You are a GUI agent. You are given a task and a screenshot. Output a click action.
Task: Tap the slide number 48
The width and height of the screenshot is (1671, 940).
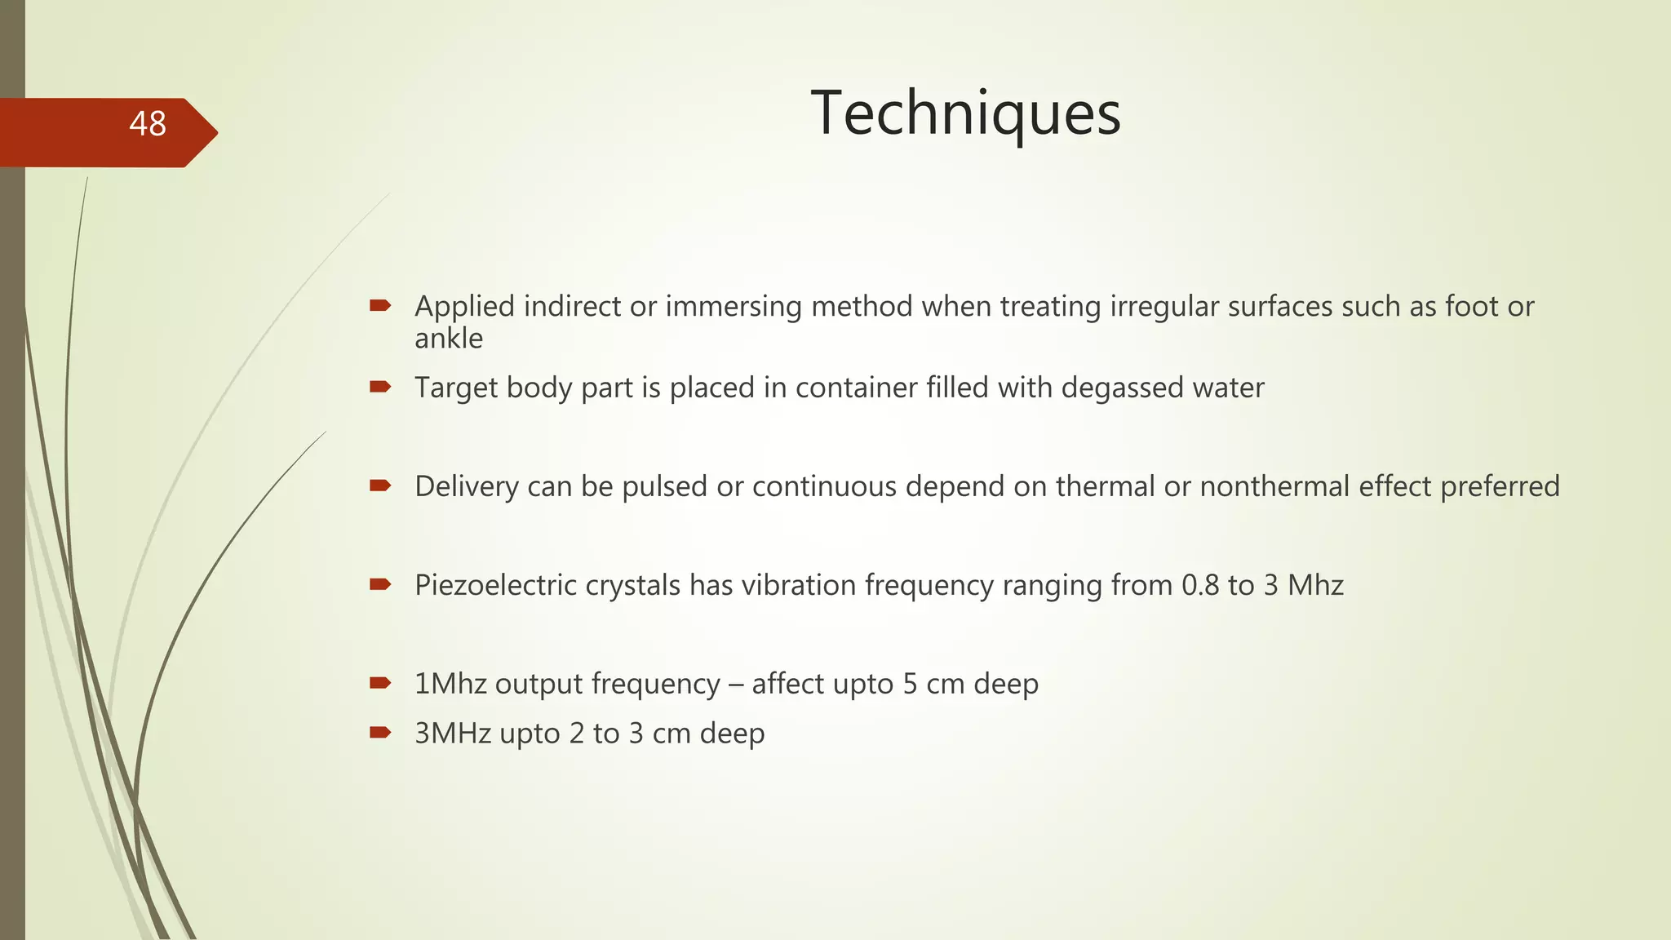[148, 124]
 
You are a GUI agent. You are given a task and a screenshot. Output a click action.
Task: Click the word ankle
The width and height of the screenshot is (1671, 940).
[449, 338]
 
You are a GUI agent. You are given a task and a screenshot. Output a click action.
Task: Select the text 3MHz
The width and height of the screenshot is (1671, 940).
[453, 734]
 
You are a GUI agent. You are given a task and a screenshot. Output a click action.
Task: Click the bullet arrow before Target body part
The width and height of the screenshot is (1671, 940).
[380, 387]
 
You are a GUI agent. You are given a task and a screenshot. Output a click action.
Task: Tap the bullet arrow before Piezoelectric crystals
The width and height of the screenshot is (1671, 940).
[380, 584]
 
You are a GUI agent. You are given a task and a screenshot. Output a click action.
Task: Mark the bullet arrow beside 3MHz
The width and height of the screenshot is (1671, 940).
[380, 733]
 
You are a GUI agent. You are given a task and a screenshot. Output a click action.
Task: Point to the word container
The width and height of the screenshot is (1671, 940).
[856, 388]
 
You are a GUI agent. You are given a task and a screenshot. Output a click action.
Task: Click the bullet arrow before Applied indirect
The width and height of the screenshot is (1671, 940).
[380, 306]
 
